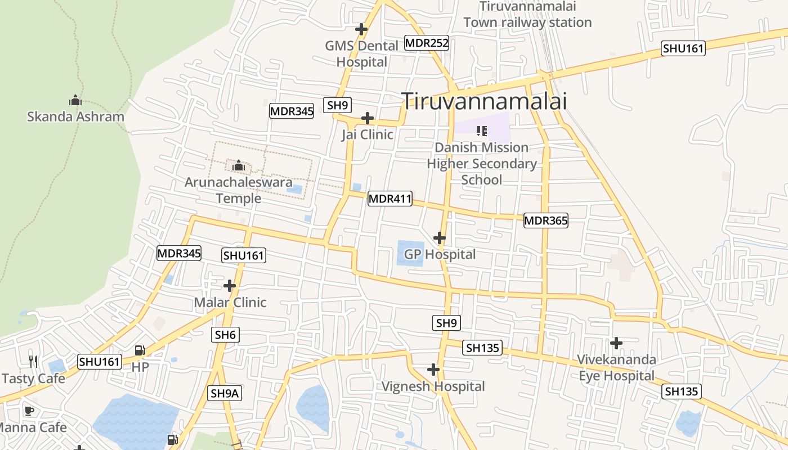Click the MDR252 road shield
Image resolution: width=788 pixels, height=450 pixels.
(x=427, y=43)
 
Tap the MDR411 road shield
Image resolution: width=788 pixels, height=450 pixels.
(x=390, y=199)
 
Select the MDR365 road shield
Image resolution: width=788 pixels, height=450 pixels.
(x=545, y=220)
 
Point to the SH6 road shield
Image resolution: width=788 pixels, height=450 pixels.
(x=225, y=335)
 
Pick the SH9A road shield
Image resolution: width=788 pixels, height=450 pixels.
(x=225, y=393)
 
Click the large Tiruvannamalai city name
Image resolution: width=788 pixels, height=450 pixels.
(x=484, y=101)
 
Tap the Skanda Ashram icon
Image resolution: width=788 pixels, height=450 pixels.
(x=75, y=101)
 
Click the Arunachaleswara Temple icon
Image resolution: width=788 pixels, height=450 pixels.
(x=238, y=165)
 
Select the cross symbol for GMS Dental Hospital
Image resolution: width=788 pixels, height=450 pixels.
(x=361, y=29)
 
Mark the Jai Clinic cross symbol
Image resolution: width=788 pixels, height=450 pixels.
(x=367, y=118)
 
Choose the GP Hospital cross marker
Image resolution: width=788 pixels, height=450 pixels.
(x=440, y=238)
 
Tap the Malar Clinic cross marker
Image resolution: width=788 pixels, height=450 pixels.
(x=230, y=286)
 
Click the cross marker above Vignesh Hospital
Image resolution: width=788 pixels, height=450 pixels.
(x=433, y=370)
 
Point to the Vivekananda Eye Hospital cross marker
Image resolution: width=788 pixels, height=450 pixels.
(x=616, y=343)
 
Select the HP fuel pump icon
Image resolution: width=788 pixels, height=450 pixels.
(x=140, y=350)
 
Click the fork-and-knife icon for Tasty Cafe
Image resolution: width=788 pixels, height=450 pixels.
(x=33, y=361)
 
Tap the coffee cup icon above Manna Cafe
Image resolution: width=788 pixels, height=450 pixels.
(x=29, y=411)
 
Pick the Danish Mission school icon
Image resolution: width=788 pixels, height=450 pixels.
(x=481, y=131)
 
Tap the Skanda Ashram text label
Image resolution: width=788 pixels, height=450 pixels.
(x=75, y=117)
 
